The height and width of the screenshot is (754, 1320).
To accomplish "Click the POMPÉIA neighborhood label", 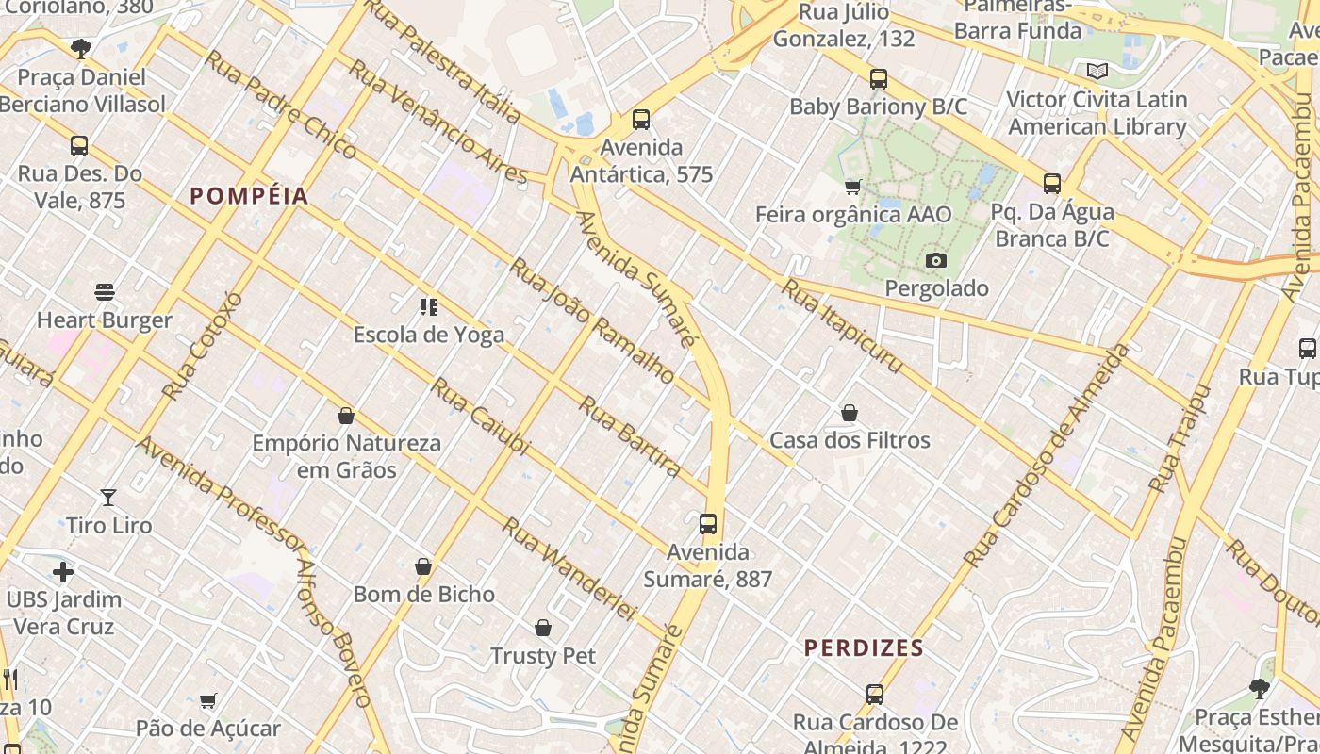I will click(x=249, y=196).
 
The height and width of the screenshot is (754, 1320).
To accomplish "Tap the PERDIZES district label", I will click(x=864, y=648).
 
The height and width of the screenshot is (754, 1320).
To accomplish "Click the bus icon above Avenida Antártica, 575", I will click(x=641, y=120).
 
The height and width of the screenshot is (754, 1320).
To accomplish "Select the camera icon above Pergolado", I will click(x=936, y=260).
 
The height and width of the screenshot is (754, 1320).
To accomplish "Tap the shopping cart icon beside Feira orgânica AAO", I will click(x=853, y=187).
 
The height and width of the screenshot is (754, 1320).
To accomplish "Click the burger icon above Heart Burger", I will click(x=105, y=292).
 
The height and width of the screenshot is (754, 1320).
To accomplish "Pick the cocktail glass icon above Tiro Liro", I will click(x=108, y=497).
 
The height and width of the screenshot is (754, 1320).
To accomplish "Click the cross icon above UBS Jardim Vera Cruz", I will click(x=63, y=571).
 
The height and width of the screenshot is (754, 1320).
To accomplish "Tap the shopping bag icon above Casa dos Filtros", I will click(x=850, y=413).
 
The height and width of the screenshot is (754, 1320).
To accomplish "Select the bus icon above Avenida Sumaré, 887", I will click(x=708, y=524).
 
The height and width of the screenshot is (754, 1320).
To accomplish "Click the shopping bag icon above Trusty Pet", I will click(x=543, y=628).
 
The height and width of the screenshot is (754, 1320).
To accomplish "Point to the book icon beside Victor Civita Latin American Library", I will click(x=1097, y=71).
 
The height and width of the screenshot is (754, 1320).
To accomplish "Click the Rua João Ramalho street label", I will click(x=592, y=320).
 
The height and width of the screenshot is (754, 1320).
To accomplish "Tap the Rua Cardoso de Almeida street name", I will click(x=1047, y=457).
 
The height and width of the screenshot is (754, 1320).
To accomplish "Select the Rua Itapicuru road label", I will click(x=842, y=326).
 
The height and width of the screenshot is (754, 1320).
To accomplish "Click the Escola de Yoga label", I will click(x=429, y=335).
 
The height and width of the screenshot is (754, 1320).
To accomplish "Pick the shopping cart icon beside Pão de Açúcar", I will click(x=208, y=700).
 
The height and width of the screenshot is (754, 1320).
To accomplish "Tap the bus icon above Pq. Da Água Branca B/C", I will click(x=1052, y=184).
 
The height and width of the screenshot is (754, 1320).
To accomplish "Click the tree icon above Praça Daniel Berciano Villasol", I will click(x=81, y=48).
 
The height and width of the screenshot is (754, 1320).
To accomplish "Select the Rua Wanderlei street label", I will click(x=569, y=568).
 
